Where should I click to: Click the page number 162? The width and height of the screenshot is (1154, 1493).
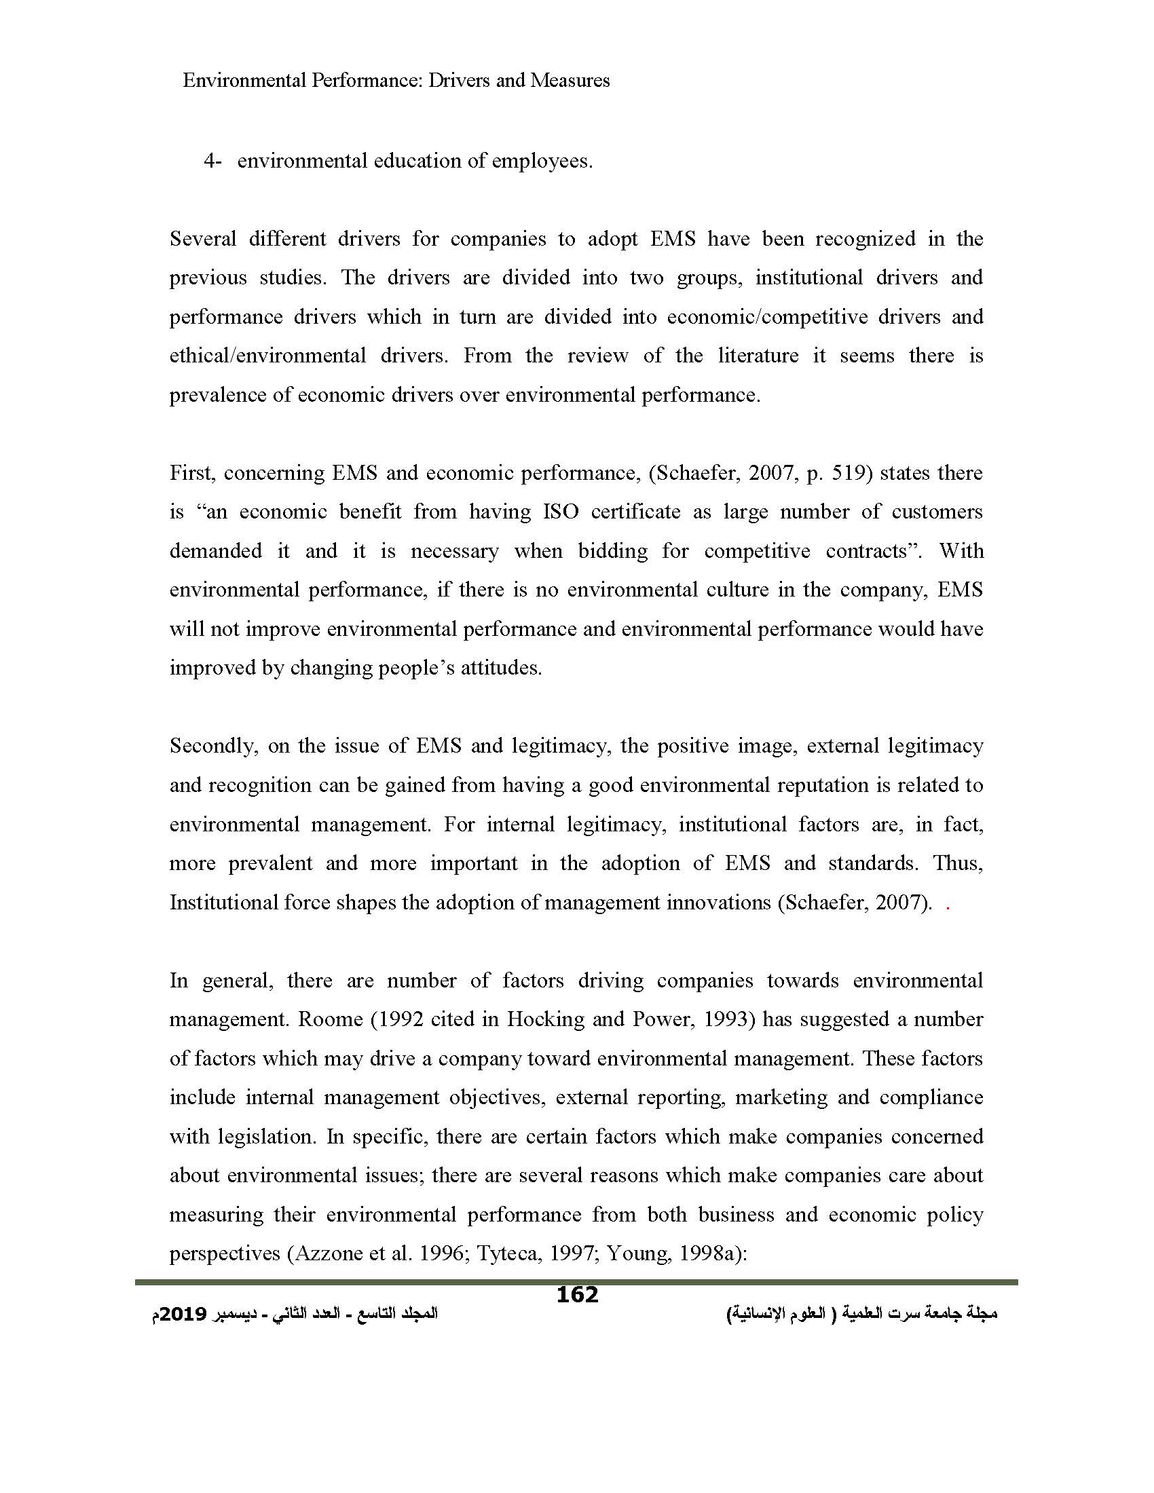pos(577,1295)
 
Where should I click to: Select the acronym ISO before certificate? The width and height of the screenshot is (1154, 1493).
pos(560,512)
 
